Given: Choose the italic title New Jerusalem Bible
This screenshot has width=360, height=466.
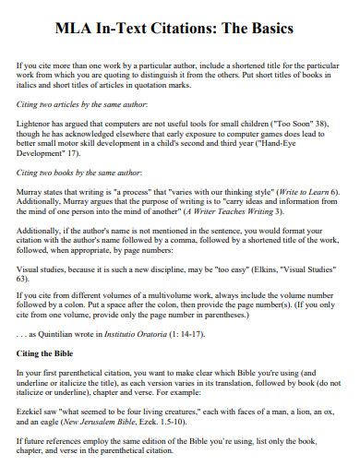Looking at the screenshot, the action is [114, 420].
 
